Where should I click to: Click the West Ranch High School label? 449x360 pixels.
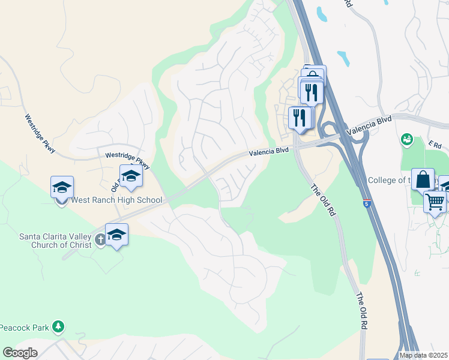116,200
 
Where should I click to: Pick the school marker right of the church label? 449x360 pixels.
116,235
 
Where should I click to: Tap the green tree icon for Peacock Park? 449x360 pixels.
58,326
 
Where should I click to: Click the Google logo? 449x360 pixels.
20,353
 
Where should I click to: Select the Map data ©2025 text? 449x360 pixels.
424,355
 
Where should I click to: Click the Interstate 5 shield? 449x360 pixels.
366,203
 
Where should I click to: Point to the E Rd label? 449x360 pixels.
435,145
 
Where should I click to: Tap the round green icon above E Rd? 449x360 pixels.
407,140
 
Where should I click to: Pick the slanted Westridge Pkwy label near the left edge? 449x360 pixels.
40,133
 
